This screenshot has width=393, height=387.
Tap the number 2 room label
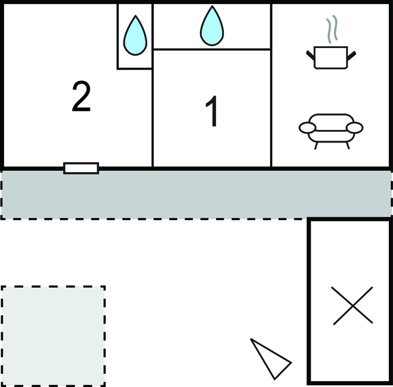(x=81, y=98)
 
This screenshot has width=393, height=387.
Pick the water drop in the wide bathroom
(x=211, y=26)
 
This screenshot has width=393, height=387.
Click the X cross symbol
(x=352, y=305)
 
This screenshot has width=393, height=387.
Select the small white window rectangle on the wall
(x=81, y=168)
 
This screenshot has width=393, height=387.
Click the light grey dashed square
(x=53, y=335)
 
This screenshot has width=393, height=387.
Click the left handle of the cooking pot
(x=310, y=56)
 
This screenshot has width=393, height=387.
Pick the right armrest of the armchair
(x=354, y=128)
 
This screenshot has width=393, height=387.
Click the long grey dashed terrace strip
(x=196, y=194)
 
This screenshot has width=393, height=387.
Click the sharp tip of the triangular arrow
(x=252, y=340)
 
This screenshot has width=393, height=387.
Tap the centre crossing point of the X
(x=352, y=305)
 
